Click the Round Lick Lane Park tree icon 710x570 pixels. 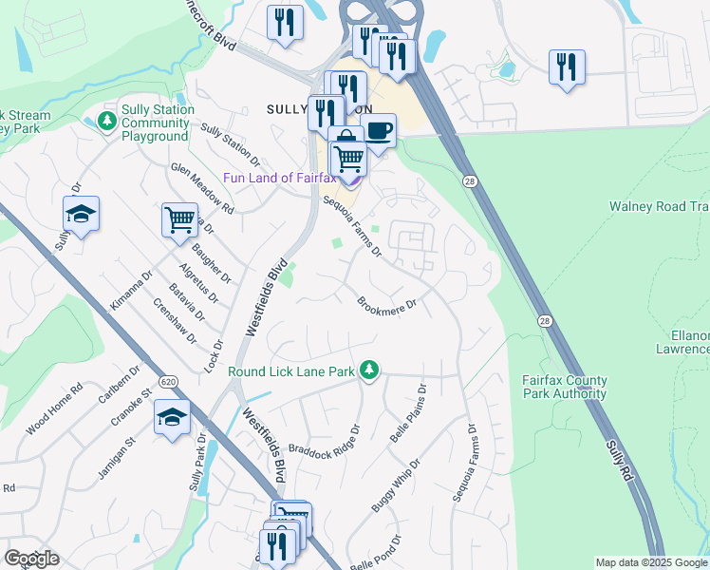(370, 370)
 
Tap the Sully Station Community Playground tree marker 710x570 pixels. (107, 122)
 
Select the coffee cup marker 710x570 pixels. (379, 130)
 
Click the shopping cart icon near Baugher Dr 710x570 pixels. (178, 220)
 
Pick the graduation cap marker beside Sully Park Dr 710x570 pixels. (173, 417)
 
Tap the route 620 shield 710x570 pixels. (169, 381)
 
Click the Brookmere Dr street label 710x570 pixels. (387, 306)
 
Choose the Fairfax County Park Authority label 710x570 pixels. (564, 387)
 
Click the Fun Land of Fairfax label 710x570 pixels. (280, 178)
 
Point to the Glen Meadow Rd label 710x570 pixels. (202, 186)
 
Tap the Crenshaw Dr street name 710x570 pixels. (175, 321)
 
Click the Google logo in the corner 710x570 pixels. (31, 559)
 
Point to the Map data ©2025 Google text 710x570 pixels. (651, 562)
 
